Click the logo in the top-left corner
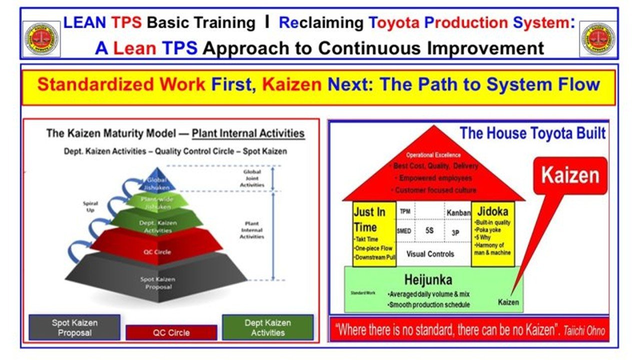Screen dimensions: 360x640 pos(42,39)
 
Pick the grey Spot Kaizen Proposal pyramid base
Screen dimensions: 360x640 pos(156,282)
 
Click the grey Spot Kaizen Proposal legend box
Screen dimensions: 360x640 pos(74,327)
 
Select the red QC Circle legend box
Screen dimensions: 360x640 pos(171,332)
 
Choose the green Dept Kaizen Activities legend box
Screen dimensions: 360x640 pos(267,327)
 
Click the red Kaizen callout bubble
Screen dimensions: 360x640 pos(569,175)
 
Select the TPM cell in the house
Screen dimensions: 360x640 pos(404,211)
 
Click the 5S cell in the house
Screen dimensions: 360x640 pos(429,231)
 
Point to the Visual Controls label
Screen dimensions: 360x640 pos(430,253)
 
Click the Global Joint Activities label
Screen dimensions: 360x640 pos(252,178)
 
